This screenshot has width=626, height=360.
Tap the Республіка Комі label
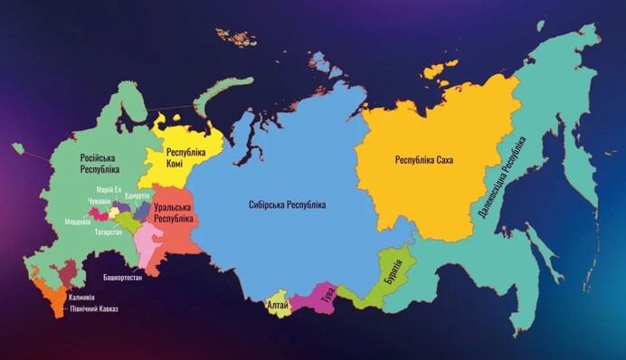(x=185, y=159)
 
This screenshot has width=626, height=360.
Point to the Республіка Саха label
(x=423, y=160)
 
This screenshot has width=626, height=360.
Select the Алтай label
(x=279, y=306)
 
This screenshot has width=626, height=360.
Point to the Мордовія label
(x=78, y=222)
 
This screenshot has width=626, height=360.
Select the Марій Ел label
(x=109, y=189)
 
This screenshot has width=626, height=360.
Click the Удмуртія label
(x=138, y=196)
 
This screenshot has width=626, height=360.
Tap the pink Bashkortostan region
(x=146, y=240)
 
